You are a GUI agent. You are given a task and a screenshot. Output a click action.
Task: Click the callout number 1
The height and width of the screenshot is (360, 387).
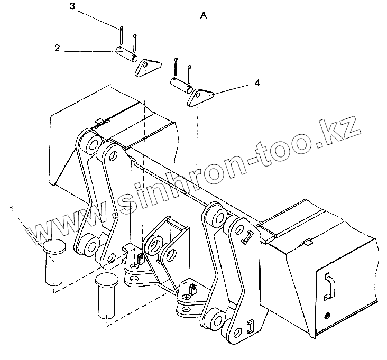(12, 210)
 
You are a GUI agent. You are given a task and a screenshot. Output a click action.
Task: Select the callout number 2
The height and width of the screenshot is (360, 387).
(57, 48)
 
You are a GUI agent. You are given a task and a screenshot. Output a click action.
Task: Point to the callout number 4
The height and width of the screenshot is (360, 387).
(257, 84)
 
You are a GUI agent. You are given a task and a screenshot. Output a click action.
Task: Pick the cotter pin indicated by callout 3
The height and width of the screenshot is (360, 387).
(122, 35)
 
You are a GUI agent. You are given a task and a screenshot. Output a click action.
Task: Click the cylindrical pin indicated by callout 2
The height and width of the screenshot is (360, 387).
(127, 54)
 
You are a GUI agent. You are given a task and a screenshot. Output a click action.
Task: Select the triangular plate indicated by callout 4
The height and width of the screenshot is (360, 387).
(200, 97)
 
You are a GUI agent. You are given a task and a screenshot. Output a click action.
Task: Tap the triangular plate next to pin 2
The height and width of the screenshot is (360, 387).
(145, 68)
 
